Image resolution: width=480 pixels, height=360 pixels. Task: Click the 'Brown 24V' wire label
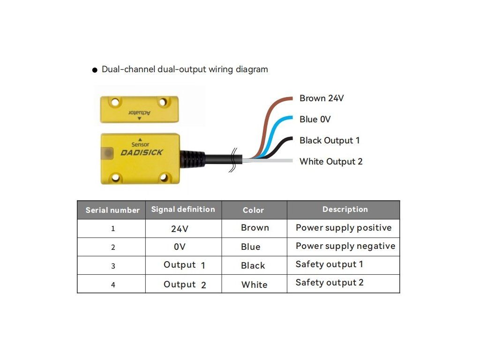tap(322, 98)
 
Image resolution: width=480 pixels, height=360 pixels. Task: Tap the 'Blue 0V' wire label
tap(315, 120)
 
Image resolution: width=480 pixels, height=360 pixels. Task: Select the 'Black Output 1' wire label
tap(330, 141)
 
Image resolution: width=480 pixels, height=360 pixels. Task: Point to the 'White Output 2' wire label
tap(331, 162)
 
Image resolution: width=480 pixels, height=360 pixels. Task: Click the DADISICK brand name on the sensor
tap(142, 152)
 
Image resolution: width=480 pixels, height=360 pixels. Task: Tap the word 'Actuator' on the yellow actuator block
tap(140, 112)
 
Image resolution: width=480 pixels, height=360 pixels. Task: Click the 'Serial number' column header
tap(112, 210)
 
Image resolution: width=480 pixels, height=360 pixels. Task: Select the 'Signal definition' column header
tap(183, 210)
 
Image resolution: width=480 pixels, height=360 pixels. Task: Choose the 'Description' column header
tap(345, 210)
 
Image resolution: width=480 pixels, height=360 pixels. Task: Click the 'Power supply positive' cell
tap(344, 228)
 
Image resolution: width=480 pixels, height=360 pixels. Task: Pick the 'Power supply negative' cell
tap(345, 246)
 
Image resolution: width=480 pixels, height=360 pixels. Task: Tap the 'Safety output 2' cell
tap(330, 283)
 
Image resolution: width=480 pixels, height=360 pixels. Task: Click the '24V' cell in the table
tap(180, 229)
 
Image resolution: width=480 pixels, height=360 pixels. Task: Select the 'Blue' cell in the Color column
tap(251, 247)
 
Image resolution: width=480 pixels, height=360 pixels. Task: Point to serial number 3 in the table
tap(113, 266)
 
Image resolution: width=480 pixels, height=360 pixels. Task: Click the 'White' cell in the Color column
tap(254, 285)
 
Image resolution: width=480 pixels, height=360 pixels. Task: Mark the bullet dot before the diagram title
tap(95, 70)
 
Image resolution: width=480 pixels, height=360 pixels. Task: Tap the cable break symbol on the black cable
tap(232, 160)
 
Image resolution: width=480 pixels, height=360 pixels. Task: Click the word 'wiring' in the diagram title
tap(222, 69)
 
